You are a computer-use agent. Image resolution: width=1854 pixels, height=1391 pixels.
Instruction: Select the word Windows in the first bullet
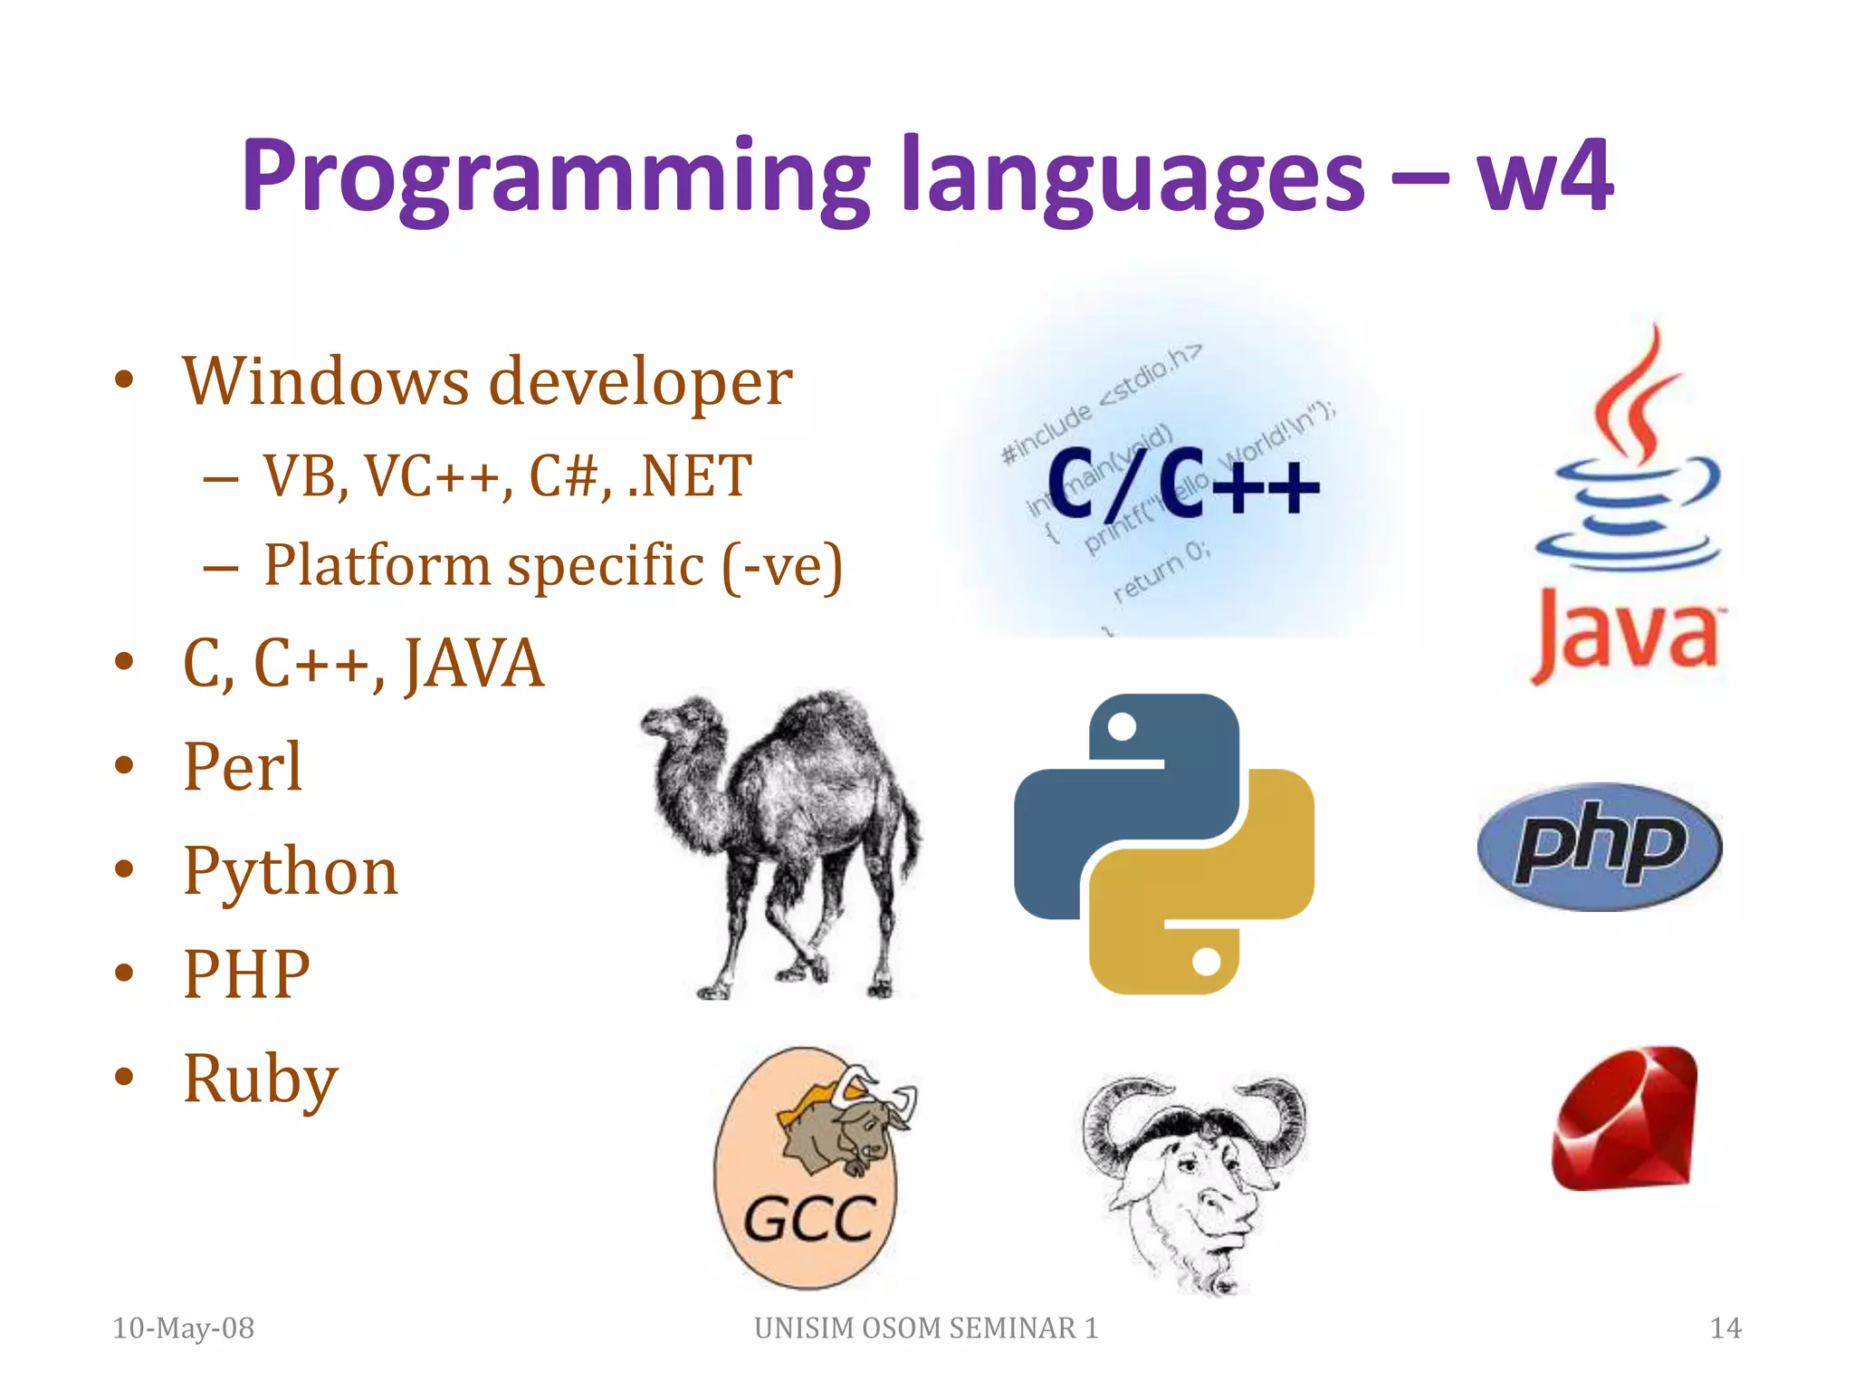[x=325, y=381]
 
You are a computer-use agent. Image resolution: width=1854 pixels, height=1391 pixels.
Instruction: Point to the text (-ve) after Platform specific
[x=782, y=567]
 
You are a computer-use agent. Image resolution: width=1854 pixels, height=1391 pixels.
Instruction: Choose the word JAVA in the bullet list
[x=473, y=664]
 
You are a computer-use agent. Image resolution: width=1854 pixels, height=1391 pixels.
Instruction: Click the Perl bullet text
[x=243, y=767]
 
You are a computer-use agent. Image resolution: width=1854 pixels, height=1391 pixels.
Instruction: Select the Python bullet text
[x=291, y=871]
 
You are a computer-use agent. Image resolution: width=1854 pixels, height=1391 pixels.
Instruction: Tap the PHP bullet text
[x=246, y=974]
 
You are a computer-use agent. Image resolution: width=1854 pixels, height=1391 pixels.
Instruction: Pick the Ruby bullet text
[x=261, y=1079]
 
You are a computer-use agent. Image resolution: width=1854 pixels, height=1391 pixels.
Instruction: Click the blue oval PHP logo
[x=1600, y=847]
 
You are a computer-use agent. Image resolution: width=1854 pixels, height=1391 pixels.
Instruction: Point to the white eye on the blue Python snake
[x=1122, y=726]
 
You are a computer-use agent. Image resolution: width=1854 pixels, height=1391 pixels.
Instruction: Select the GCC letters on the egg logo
[x=808, y=1220]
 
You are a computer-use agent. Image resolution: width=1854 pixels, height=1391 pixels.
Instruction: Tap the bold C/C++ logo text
[x=1181, y=484]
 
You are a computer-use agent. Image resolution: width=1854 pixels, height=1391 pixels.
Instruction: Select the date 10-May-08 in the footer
[x=184, y=1328]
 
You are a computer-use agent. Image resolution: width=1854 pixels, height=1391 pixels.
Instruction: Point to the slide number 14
[x=1725, y=1328]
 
